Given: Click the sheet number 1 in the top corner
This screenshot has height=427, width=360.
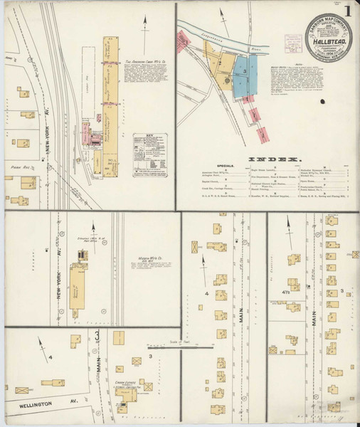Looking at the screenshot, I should coord(346,12).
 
